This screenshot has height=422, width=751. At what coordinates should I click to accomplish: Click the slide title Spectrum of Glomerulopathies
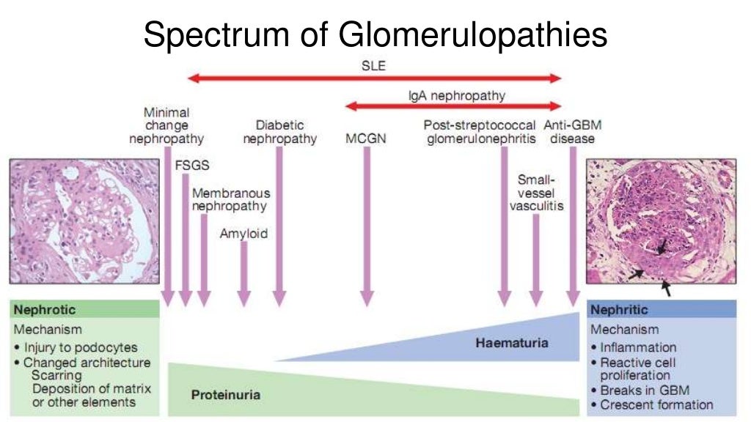point(375,35)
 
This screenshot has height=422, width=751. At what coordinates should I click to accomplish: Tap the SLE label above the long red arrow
point(373,65)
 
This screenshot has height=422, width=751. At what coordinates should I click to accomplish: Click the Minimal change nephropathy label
point(166,125)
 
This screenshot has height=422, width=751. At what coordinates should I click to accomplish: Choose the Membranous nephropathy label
point(230,199)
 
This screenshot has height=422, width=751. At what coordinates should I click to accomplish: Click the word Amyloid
point(243,234)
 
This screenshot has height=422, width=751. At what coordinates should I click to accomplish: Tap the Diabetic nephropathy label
point(279,132)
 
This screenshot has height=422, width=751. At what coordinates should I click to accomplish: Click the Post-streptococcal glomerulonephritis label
point(481,132)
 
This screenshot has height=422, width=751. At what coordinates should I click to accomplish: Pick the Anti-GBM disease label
point(572,132)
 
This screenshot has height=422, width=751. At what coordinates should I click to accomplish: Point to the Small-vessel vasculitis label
point(536,192)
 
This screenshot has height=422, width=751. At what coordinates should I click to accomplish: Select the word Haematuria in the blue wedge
point(511,342)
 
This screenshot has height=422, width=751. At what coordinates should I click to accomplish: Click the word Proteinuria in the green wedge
point(226,395)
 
